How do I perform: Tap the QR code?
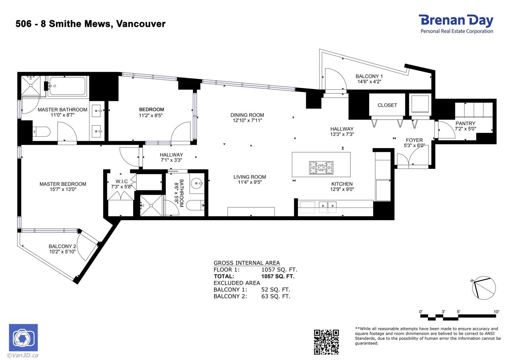[x=326, y=342]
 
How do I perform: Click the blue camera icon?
[x=23, y=337]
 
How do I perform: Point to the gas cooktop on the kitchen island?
[x=321, y=168]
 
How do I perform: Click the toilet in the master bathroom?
[x=41, y=132]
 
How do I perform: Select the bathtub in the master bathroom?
[x=68, y=86]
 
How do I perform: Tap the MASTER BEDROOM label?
[x=63, y=184]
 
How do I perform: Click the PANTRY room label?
[x=465, y=124]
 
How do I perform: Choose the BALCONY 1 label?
[x=369, y=76]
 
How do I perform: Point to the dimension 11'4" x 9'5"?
[x=250, y=182]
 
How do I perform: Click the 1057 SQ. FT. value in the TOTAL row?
[x=278, y=276]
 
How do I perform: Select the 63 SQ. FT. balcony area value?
[x=276, y=296]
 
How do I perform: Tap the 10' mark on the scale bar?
[x=496, y=312]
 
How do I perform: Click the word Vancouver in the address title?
[x=141, y=24]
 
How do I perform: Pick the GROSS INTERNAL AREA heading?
[x=247, y=263]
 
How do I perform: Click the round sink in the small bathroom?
[x=196, y=183]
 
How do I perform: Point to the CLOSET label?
[x=387, y=105]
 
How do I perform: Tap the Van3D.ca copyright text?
[x=23, y=356]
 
